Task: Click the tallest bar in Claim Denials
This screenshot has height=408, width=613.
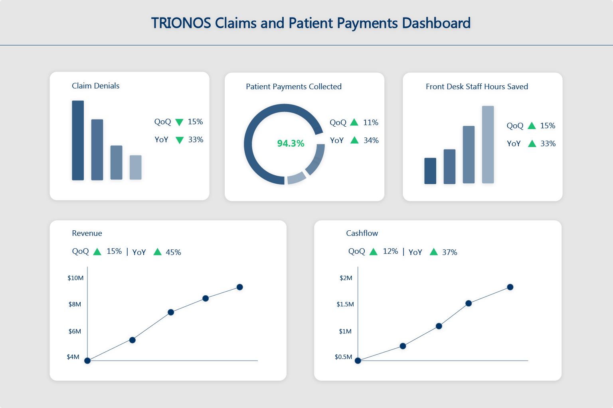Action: pos(78,140)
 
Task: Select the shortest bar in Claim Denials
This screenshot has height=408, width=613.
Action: pos(136,167)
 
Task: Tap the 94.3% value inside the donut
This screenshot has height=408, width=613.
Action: pos(291,143)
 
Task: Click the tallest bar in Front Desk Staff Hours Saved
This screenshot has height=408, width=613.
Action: pos(488,144)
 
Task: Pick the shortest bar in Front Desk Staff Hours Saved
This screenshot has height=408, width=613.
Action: pos(430,171)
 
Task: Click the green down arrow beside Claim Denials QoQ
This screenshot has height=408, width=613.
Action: pos(180,122)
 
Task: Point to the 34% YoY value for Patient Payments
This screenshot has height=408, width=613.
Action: pos(371,140)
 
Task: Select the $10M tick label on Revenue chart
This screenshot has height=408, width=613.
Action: pos(75,278)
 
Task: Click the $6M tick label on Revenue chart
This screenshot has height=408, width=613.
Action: pos(75,331)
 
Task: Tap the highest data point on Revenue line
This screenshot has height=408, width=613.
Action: pos(240,287)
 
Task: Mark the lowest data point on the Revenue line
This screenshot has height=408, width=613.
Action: pos(87,361)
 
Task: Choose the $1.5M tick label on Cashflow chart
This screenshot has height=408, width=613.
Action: pos(345,304)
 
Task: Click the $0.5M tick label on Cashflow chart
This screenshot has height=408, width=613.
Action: pos(343,357)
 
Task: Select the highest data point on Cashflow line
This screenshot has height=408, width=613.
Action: pos(510,287)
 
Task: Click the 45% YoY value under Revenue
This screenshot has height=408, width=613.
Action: pos(173,252)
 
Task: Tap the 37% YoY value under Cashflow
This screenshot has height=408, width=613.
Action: pos(449,252)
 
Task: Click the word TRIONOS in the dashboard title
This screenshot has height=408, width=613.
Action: pos(181,23)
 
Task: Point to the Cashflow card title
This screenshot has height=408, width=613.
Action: pos(362,233)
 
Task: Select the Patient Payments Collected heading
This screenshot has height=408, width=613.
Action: pos(294,86)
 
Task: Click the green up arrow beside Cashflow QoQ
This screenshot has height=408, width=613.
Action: pos(374,251)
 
